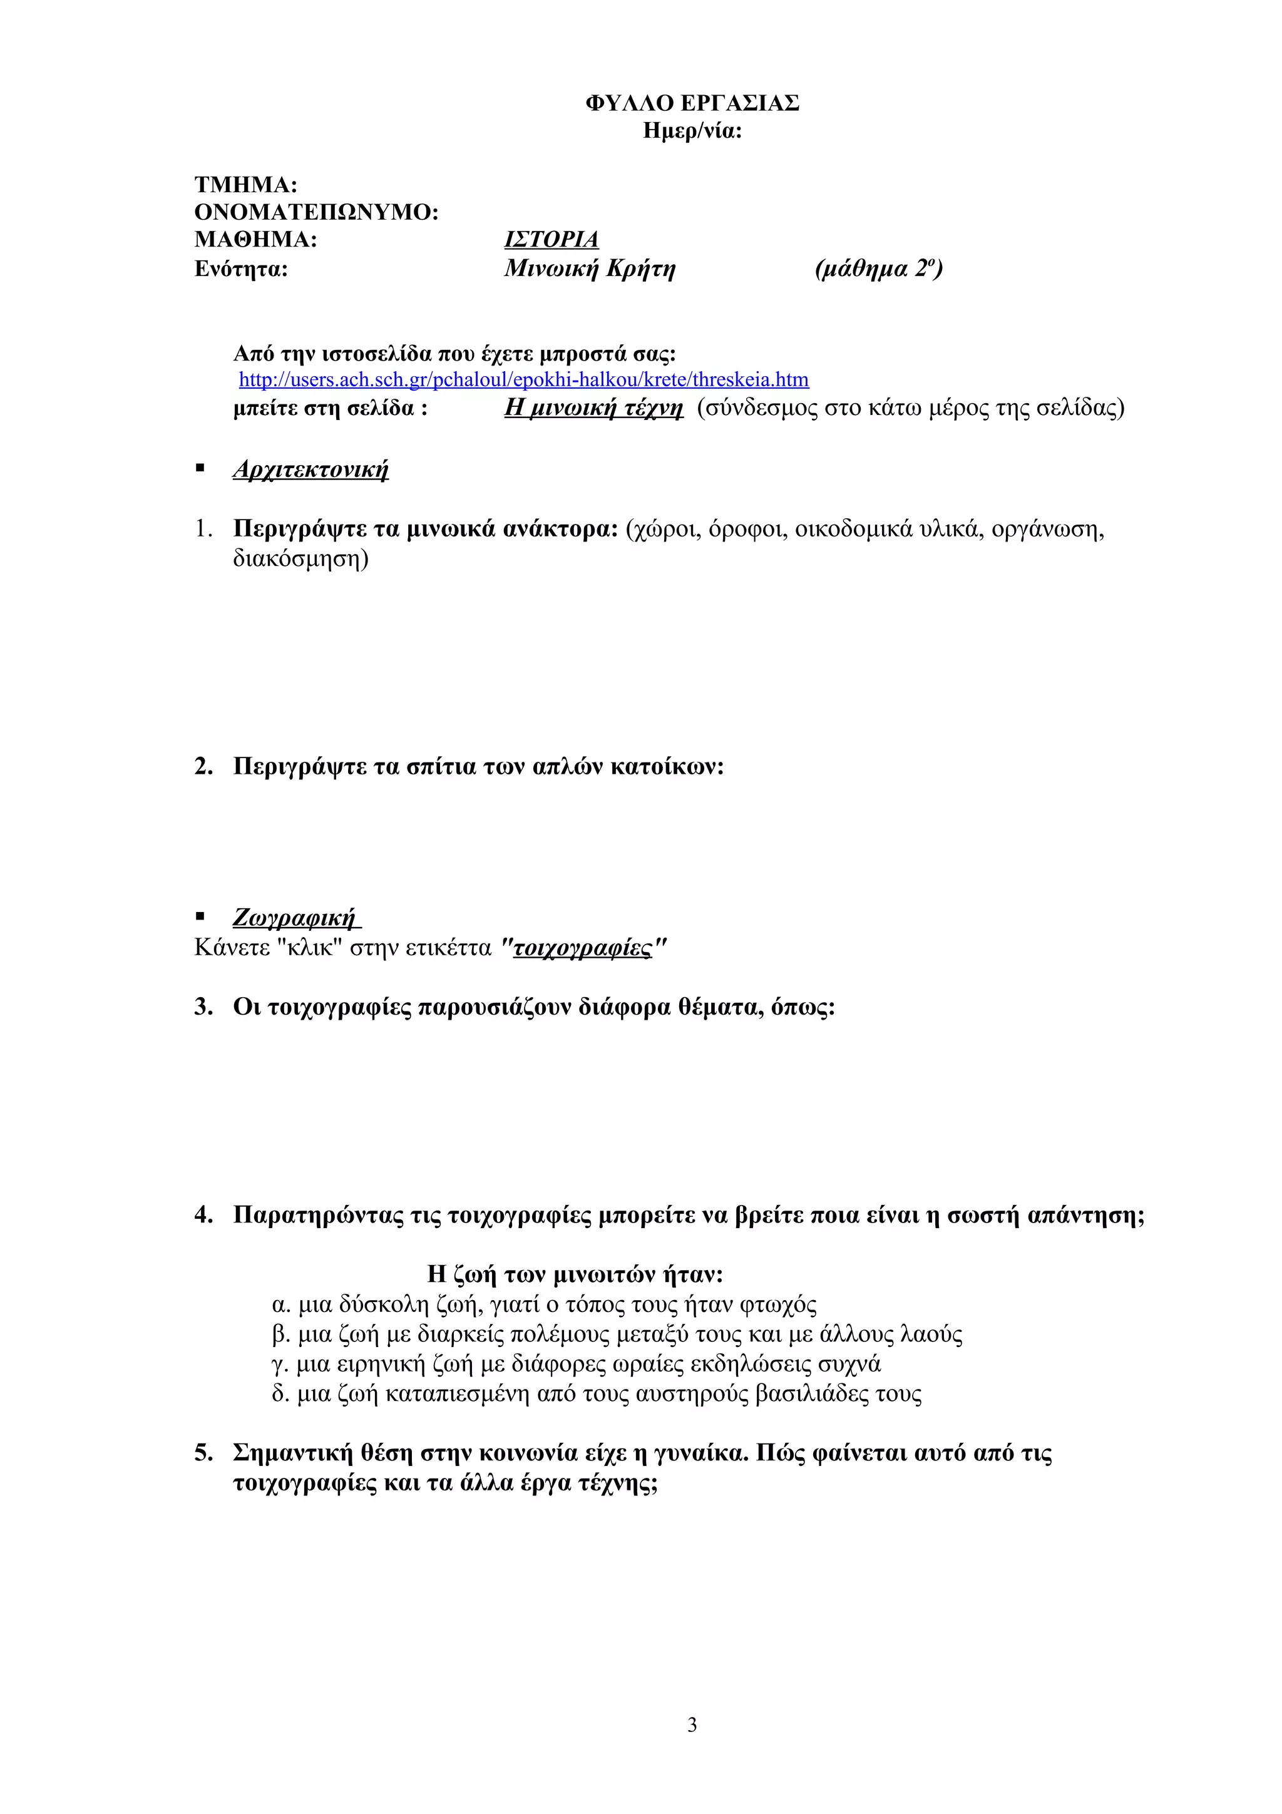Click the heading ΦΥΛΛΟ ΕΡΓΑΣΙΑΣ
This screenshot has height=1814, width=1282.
click(692, 103)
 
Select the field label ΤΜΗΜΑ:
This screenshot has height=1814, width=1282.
click(245, 185)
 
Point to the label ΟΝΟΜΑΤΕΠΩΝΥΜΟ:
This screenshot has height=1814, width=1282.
click(316, 212)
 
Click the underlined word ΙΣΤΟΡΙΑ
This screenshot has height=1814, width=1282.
click(551, 238)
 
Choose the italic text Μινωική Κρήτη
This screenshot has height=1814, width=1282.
click(589, 269)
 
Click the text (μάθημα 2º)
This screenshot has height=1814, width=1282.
click(878, 269)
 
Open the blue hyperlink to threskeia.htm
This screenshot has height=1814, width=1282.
click(524, 380)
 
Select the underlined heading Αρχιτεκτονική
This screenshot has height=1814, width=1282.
click(310, 469)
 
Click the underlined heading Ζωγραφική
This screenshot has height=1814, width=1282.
click(296, 917)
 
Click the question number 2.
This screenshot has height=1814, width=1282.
click(203, 766)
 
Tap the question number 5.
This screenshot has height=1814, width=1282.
click(203, 1452)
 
